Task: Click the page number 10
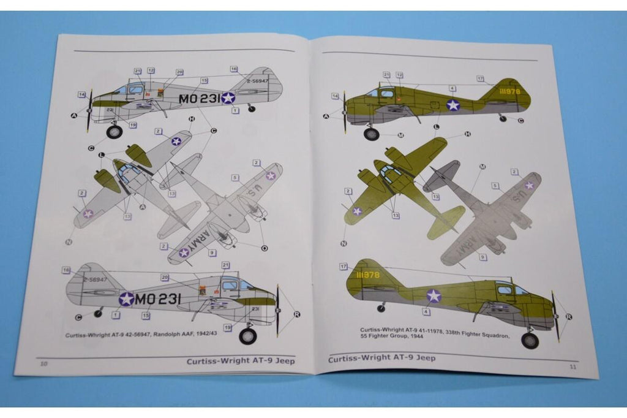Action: click(43, 363)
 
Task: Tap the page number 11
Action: click(573, 367)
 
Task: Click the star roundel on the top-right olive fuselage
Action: click(452, 105)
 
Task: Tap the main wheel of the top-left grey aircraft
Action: click(114, 132)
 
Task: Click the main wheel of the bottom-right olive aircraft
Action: click(530, 340)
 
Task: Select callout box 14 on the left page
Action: click(81, 94)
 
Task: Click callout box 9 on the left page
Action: click(211, 253)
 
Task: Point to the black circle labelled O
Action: click(264, 248)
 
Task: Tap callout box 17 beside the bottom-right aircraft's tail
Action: click(344, 266)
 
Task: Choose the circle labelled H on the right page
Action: click(468, 134)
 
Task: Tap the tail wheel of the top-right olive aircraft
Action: click(503, 118)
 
